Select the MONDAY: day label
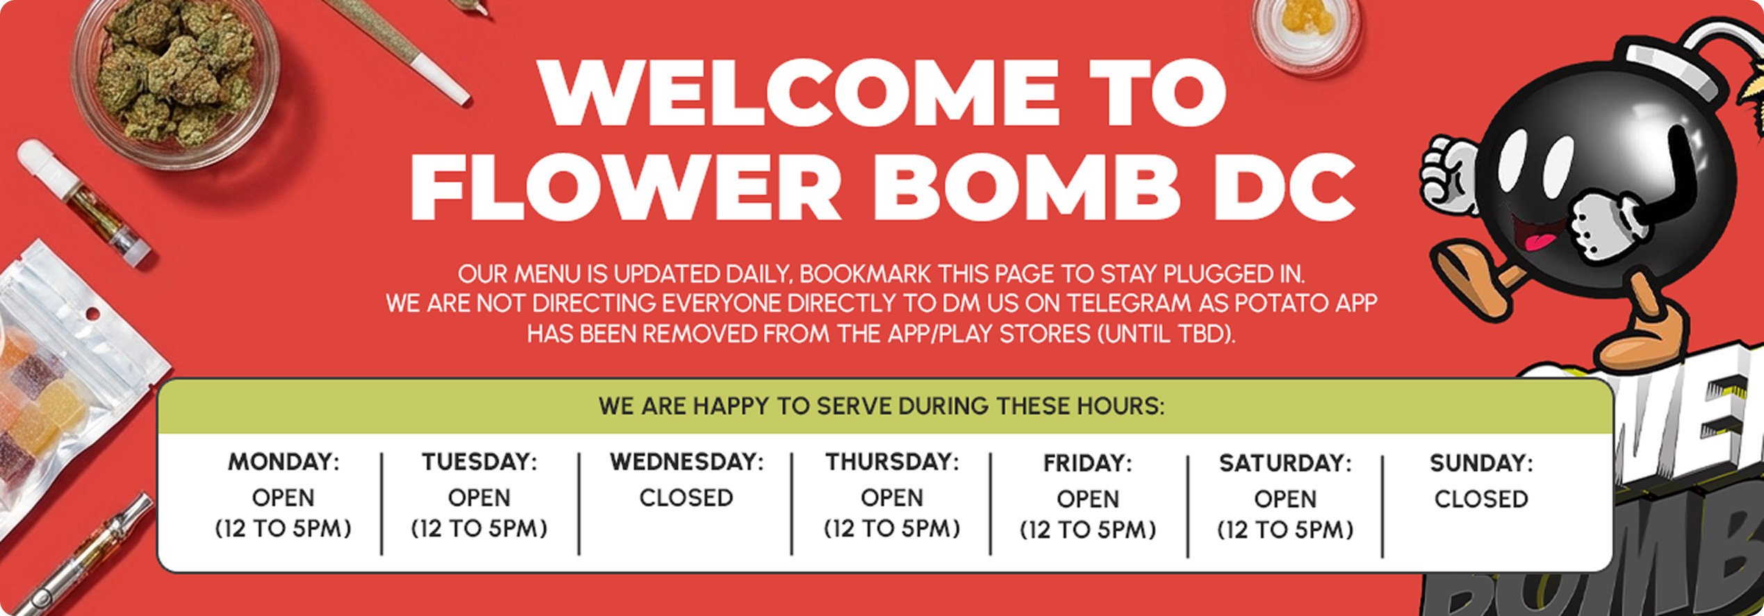click(x=284, y=462)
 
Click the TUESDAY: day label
click(x=480, y=462)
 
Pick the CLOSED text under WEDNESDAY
click(x=686, y=498)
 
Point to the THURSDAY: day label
click(x=892, y=462)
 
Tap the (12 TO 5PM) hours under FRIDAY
click(x=1088, y=530)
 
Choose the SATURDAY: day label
click(x=1285, y=463)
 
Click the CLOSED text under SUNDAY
click(x=1481, y=499)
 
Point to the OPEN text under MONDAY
click(x=284, y=498)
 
